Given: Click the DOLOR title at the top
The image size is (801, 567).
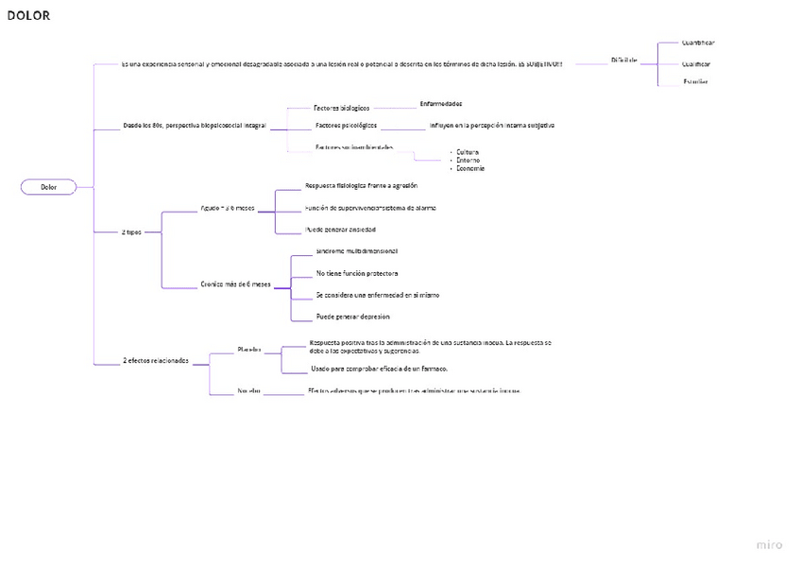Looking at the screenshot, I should pyautogui.click(x=28, y=15).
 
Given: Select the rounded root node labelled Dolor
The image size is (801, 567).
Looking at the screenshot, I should pyautogui.click(x=48, y=187).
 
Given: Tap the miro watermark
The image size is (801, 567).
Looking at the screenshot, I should pyautogui.click(x=769, y=545).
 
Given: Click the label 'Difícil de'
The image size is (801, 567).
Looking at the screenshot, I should pyautogui.click(x=623, y=60).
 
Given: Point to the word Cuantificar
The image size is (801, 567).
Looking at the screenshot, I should pyautogui.click(x=698, y=43).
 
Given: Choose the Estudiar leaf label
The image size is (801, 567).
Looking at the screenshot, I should pyautogui.click(x=695, y=82).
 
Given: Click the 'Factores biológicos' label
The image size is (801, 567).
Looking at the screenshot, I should pyautogui.click(x=341, y=108).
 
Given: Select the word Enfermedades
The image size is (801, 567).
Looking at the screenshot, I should pyautogui.click(x=440, y=103).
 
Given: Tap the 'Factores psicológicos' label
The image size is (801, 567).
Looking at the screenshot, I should pyautogui.click(x=346, y=125).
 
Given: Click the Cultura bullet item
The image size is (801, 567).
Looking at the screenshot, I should pyautogui.click(x=468, y=152).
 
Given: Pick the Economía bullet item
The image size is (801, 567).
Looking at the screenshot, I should pyautogui.click(x=470, y=168).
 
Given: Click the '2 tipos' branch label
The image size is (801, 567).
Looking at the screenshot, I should pyautogui.click(x=131, y=232).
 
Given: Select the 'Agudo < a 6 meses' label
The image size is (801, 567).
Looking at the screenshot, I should pyautogui.click(x=228, y=208).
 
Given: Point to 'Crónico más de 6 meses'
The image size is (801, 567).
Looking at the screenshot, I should pyautogui.click(x=235, y=283).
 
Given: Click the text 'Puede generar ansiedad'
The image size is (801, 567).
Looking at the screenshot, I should pyautogui.click(x=340, y=230).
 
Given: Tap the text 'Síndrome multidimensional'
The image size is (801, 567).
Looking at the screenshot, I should pyautogui.click(x=357, y=251).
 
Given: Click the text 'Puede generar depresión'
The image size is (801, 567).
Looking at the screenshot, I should pyautogui.click(x=352, y=317).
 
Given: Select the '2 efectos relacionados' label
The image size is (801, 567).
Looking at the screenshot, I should pyautogui.click(x=156, y=360).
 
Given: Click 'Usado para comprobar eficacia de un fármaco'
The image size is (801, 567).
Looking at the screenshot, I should pyautogui.click(x=379, y=369).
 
